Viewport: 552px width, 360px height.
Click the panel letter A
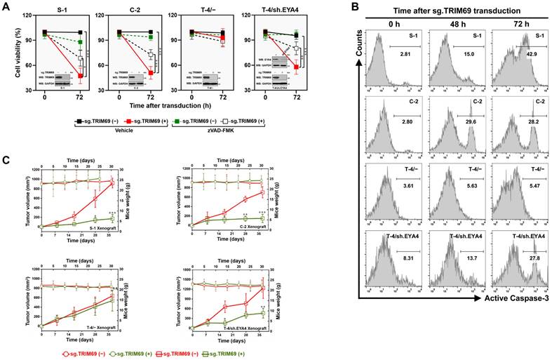tap(6, 6)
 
